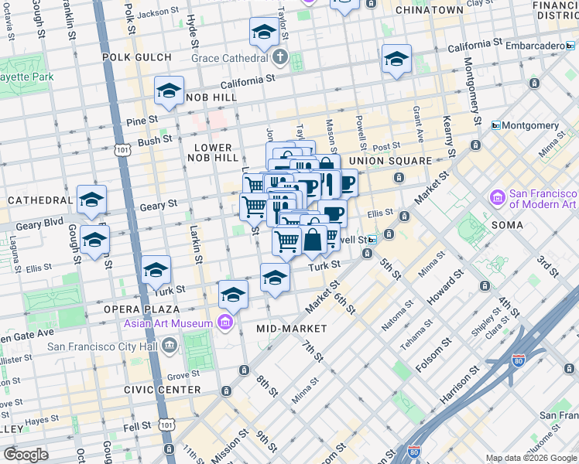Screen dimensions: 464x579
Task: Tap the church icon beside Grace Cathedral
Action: (x=279, y=57)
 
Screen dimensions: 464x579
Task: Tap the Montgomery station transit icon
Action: (x=496, y=125)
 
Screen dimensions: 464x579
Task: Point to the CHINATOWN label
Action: (x=429, y=10)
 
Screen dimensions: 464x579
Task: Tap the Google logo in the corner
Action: (x=26, y=455)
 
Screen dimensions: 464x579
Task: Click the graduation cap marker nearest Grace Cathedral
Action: (x=264, y=34)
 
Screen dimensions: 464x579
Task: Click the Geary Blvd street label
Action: (x=35, y=223)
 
